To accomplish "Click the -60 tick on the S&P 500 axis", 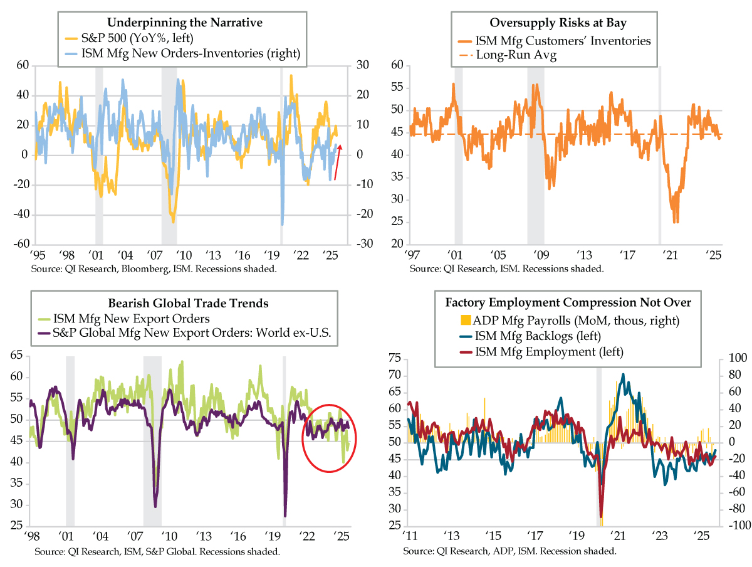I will [22, 244].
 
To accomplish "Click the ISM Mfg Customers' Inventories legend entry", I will [563, 41].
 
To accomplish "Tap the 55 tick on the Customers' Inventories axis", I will [395, 87].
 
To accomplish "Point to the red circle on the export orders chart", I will [329, 437].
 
